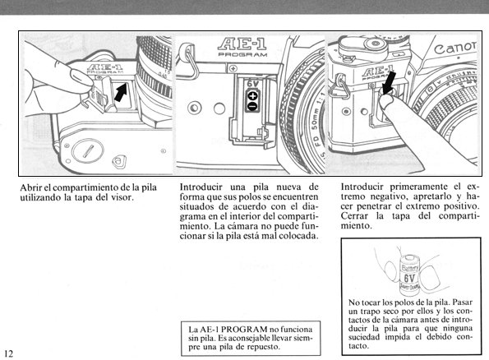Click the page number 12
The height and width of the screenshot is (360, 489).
point(9,353)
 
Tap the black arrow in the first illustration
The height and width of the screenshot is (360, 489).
point(121,92)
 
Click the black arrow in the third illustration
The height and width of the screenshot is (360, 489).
point(389,82)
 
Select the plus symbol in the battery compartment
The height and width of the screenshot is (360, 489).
point(252,96)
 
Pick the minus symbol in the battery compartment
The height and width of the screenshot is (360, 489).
point(252,106)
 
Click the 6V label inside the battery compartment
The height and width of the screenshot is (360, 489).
point(253,84)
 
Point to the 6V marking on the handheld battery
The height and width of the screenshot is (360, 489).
point(409,278)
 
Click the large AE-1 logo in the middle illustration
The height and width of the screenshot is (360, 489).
point(242,44)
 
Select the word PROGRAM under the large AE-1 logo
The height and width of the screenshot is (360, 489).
point(242,54)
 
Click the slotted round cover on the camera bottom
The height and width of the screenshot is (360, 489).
point(87,151)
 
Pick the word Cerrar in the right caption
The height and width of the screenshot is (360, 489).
point(354,216)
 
